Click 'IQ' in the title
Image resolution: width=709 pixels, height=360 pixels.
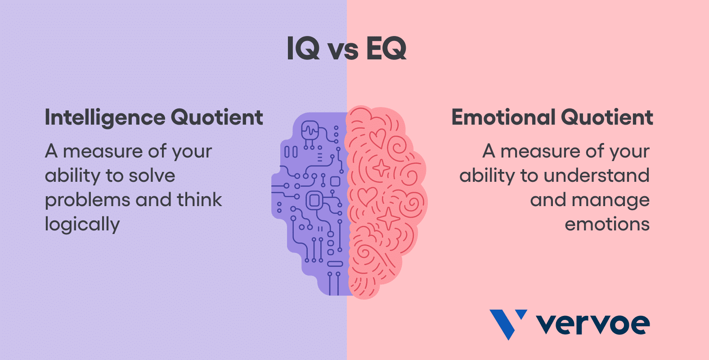tap(303, 49)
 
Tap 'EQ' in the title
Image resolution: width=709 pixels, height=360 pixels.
tap(386, 49)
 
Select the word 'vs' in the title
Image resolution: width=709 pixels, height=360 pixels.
tap(343, 51)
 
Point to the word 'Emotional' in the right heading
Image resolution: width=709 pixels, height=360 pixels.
tap(503, 117)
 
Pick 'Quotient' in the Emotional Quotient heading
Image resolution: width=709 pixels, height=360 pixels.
tap(607, 117)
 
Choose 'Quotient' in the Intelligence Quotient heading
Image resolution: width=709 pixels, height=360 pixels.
tap(217, 117)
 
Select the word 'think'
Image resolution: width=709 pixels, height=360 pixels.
tap(199, 200)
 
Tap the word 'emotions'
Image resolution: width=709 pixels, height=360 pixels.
tap(607, 225)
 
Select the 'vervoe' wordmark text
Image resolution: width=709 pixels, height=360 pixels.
tap(593, 324)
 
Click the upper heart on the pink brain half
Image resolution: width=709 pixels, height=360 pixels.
tap(378, 138)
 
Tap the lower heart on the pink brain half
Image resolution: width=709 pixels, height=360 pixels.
tap(368, 196)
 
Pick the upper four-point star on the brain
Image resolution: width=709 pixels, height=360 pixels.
tap(381, 167)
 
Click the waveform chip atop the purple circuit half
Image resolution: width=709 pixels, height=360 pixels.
tap(310, 130)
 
